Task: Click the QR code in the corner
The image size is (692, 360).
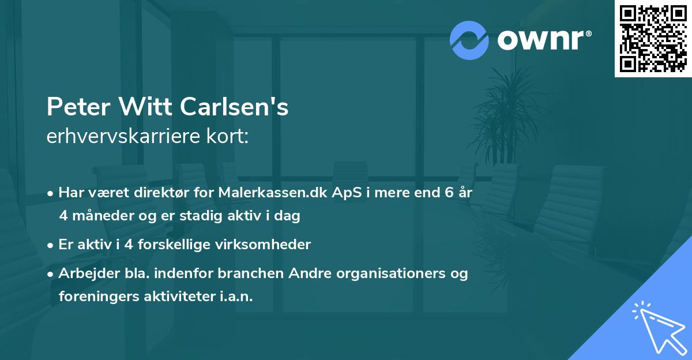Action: [653, 39]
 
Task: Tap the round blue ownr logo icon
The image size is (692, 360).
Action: [469, 40]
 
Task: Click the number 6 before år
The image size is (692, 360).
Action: [448, 193]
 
